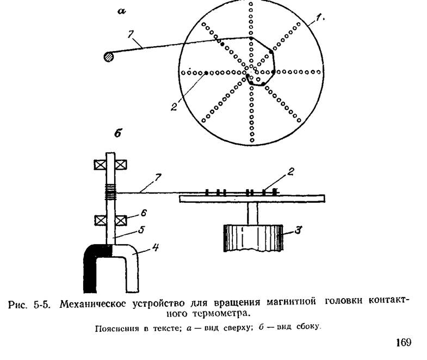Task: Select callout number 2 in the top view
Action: (x=174, y=107)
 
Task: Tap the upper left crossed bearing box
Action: (x=102, y=164)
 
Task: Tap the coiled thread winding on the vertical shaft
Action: (x=112, y=191)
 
